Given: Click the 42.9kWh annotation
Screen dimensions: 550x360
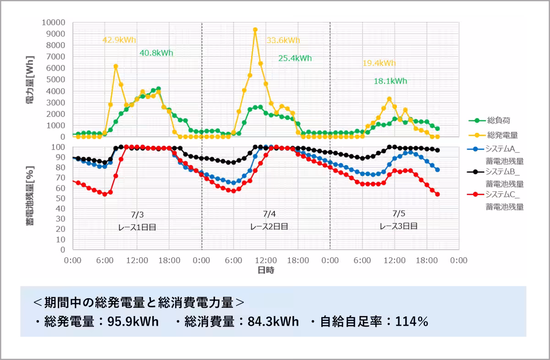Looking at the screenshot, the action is pyautogui.click(x=119, y=40).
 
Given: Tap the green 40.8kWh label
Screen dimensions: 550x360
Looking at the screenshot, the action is pyautogui.click(x=156, y=53).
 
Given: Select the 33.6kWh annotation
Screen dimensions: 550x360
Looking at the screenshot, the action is pyautogui.click(x=283, y=40).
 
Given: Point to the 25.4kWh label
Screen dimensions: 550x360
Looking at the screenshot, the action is pyautogui.click(x=295, y=58).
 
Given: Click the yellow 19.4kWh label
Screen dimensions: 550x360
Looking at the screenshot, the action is pyautogui.click(x=379, y=63).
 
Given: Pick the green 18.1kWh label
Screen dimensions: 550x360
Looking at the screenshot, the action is pyautogui.click(x=390, y=81).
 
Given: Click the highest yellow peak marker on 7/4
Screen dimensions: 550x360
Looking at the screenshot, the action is pyautogui.click(x=255, y=30).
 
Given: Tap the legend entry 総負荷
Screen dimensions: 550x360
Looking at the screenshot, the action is pyautogui.click(x=489, y=120).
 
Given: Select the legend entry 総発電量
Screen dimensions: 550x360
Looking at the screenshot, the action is pyautogui.click(x=493, y=135).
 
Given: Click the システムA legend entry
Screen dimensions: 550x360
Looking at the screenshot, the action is pyautogui.click(x=495, y=155).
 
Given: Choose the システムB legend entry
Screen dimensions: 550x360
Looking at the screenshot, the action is pyautogui.click(x=495, y=178).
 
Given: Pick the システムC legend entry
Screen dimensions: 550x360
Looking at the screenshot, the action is pyautogui.click(x=495, y=201).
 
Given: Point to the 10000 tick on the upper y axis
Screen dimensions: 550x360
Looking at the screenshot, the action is pyautogui.click(x=53, y=22).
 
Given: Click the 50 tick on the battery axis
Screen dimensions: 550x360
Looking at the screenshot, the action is pyautogui.click(x=60, y=198).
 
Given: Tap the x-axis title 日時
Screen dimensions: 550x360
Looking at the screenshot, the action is pyautogui.click(x=266, y=270).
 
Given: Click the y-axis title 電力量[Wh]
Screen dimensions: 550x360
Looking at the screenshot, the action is pyautogui.click(x=30, y=80).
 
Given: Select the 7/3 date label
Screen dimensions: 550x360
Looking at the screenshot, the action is pyautogui.click(x=137, y=215).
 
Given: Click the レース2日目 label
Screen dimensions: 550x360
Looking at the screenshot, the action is pyautogui.click(x=269, y=227).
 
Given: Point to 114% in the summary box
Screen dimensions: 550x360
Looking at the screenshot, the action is pyautogui.click(x=412, y=322).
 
